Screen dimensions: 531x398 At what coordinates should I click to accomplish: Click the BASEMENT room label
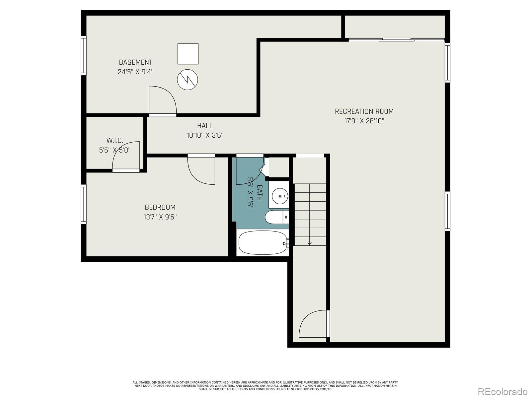click(x=135, y=62)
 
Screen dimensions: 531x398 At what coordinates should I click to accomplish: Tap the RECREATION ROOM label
click(x=364, y=111)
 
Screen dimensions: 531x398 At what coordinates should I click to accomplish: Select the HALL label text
click(x=205, y=126)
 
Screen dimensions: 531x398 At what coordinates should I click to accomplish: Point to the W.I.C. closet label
click(x=115, y=140)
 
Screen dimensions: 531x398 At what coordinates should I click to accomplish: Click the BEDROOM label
click(x=160, y=207)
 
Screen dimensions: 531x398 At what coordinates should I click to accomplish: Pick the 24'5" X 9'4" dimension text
click(x=135, y=72)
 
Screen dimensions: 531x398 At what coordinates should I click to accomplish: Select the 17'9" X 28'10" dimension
click(x=364, y=121)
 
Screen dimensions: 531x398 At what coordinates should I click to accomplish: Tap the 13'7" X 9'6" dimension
click(x=160, y=217)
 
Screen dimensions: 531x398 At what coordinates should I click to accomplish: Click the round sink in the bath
click(x=280, y=196)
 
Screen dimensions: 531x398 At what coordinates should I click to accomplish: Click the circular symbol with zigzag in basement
click(x=188, y=80)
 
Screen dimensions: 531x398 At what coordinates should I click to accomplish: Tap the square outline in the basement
click(x=188, y=54)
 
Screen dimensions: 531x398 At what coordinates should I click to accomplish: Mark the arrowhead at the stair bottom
click(x=309, y=243)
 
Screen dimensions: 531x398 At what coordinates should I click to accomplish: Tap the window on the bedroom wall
click(x=83, y=204)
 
